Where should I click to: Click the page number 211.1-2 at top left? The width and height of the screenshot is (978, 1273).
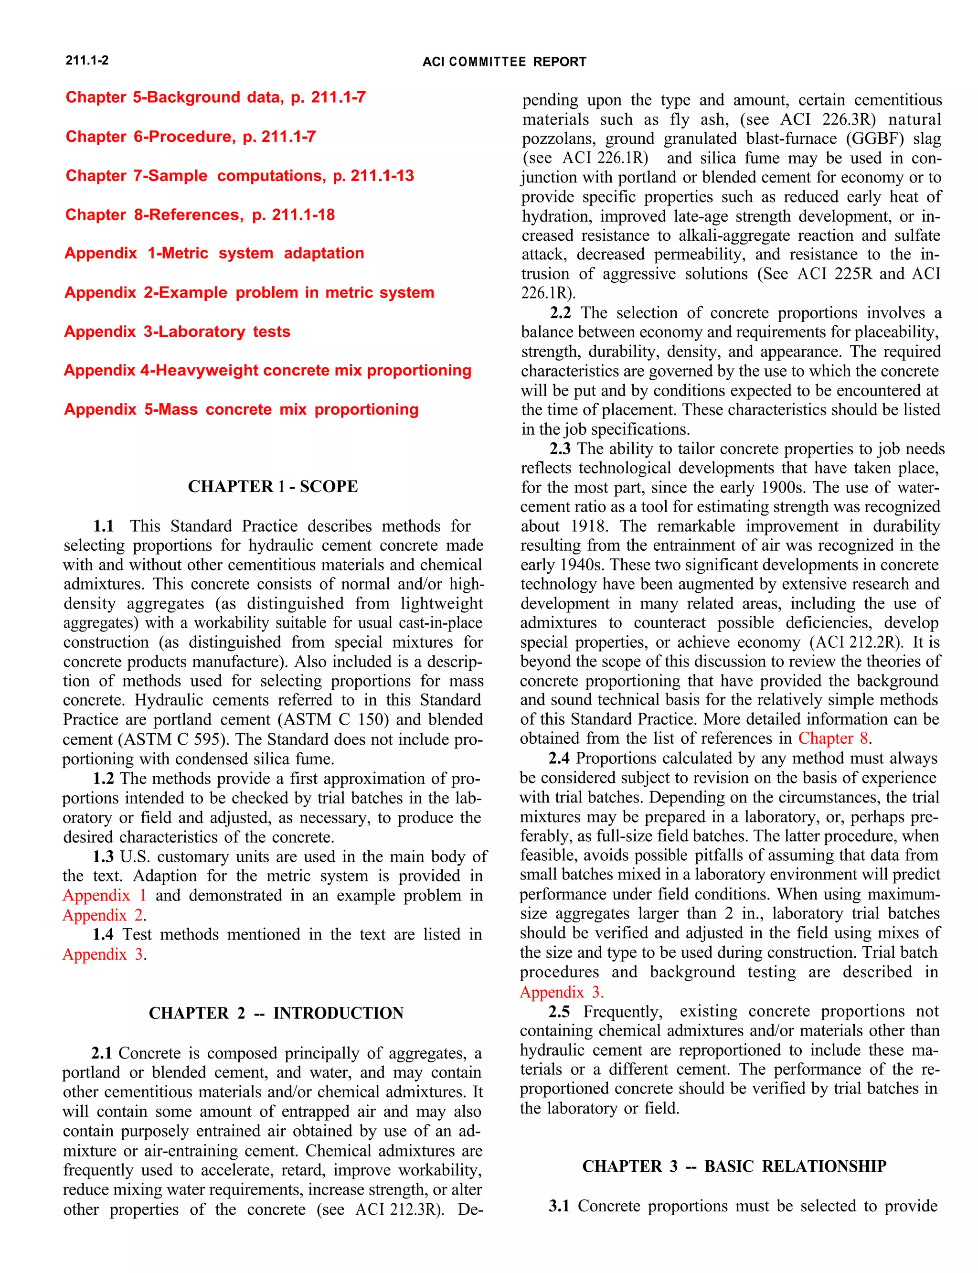(87, 61)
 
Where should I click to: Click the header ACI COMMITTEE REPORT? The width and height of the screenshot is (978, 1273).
(504, 62)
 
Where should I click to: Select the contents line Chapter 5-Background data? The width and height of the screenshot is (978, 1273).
(215, 97)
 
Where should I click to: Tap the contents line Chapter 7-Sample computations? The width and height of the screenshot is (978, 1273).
(239, 176)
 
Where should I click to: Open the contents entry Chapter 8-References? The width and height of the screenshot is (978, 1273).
(200, 215)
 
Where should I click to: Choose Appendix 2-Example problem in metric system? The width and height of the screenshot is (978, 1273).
(249, 292)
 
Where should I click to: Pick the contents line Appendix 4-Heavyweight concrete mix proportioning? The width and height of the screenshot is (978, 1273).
(267, 370)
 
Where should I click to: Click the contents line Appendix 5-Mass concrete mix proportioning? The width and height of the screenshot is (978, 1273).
(241, 409)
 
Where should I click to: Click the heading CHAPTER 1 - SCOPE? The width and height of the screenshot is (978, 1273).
(273, 486)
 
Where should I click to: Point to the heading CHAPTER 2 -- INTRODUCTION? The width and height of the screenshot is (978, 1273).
(276, 1013)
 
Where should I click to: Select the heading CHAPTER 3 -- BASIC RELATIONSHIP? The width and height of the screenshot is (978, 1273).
(733, 1166)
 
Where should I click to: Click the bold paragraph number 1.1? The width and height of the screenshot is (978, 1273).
(104, 526)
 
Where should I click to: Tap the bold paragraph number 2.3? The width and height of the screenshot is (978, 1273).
(560, 449)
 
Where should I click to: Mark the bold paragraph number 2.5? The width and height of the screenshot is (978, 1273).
(559, 1012)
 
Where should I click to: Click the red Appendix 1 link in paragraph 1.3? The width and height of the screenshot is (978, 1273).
(104, 896)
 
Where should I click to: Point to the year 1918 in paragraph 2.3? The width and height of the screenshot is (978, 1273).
(588, 526)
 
